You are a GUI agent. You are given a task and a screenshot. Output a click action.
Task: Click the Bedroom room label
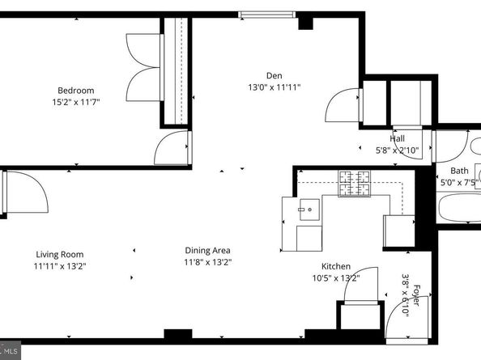76,91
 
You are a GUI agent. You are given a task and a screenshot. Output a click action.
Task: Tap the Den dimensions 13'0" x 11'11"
275,87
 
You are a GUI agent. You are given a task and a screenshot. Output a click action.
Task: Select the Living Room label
60,255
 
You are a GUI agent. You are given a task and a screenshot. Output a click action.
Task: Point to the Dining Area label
207,251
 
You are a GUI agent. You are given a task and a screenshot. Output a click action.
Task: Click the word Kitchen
336,266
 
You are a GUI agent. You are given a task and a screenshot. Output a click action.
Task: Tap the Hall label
398,138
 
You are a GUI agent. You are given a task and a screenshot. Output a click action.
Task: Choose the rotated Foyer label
416,295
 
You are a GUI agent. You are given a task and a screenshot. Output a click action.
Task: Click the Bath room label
459,171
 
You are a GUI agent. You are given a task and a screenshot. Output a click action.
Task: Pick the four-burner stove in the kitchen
354,184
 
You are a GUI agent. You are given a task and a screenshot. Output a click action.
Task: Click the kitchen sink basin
309,210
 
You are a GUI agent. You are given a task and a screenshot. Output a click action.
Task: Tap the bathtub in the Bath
459,207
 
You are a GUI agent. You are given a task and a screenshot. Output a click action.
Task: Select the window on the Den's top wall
267,15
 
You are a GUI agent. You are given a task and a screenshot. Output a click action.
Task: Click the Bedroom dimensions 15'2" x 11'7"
76,102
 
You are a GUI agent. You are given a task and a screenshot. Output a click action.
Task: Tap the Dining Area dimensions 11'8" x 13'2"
207,262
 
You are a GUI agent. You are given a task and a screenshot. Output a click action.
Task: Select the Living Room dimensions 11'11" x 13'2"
60,266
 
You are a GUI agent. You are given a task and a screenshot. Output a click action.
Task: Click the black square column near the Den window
305,23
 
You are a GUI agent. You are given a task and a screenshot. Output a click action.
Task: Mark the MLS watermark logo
10,350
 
